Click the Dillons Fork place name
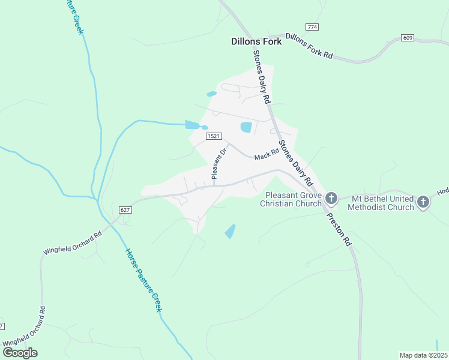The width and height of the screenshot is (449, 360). coord(256,41)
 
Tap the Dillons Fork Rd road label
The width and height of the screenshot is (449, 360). coord(309,46)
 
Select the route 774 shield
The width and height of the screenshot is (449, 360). coord(312,27)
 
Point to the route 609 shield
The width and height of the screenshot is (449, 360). coord(408,38)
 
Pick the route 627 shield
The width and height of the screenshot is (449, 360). coord(125,210)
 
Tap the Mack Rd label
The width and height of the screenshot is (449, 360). coord(267,156)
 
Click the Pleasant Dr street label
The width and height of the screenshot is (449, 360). coord(217,164)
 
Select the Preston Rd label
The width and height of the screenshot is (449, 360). coord(339,229)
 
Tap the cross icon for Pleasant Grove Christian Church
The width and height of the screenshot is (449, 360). coord(331,198)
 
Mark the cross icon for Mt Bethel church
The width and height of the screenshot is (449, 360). coord(423,202)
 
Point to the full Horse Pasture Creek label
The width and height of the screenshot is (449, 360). coord(144,280)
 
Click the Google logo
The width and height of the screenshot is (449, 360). coord(19,353)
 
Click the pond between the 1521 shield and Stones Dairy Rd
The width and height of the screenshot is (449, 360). coord(246,127)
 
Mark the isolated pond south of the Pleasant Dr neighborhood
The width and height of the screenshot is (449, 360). coord(230,231)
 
